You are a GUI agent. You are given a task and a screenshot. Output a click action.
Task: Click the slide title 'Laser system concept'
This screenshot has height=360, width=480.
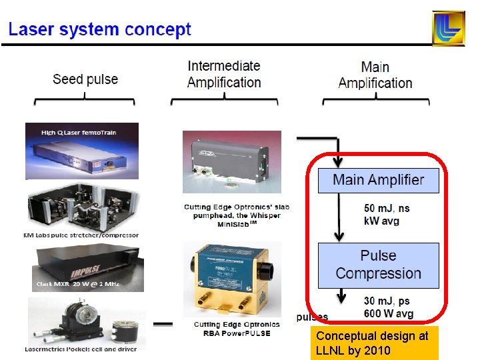click(x=99, y=29)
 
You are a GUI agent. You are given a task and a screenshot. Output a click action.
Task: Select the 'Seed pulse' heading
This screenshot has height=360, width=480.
click(x=85, y=79)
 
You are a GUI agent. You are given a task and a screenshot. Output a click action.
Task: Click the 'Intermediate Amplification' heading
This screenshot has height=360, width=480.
click(x=224, y=74)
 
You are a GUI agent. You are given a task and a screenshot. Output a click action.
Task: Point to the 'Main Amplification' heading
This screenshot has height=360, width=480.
click(x=375, y=75)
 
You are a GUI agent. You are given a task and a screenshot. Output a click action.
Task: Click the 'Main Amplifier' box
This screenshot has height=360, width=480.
click(x=378, y=180)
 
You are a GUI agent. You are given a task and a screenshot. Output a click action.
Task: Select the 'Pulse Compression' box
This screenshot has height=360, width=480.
click(x=378, y=265)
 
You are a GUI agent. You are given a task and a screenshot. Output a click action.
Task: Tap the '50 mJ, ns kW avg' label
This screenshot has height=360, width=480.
click(x=387, y=215)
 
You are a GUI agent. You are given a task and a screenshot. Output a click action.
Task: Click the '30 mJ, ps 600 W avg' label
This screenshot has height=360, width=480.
click(x=389, y=308)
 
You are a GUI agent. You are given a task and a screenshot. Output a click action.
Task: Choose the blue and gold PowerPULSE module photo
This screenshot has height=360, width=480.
click(x=233, y=279)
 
